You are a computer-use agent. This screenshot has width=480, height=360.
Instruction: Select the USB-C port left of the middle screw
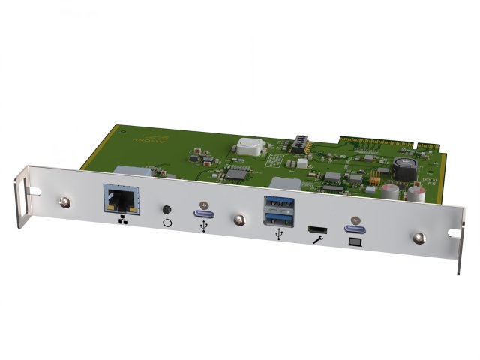coord(204,207)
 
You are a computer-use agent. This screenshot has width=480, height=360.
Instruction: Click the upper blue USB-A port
coord(278,202)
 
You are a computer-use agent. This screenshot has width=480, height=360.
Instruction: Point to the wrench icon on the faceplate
coord(317,239)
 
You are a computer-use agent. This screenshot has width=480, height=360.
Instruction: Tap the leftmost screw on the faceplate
coord(65,202)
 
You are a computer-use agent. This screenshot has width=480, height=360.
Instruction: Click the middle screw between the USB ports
coord(238,220)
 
